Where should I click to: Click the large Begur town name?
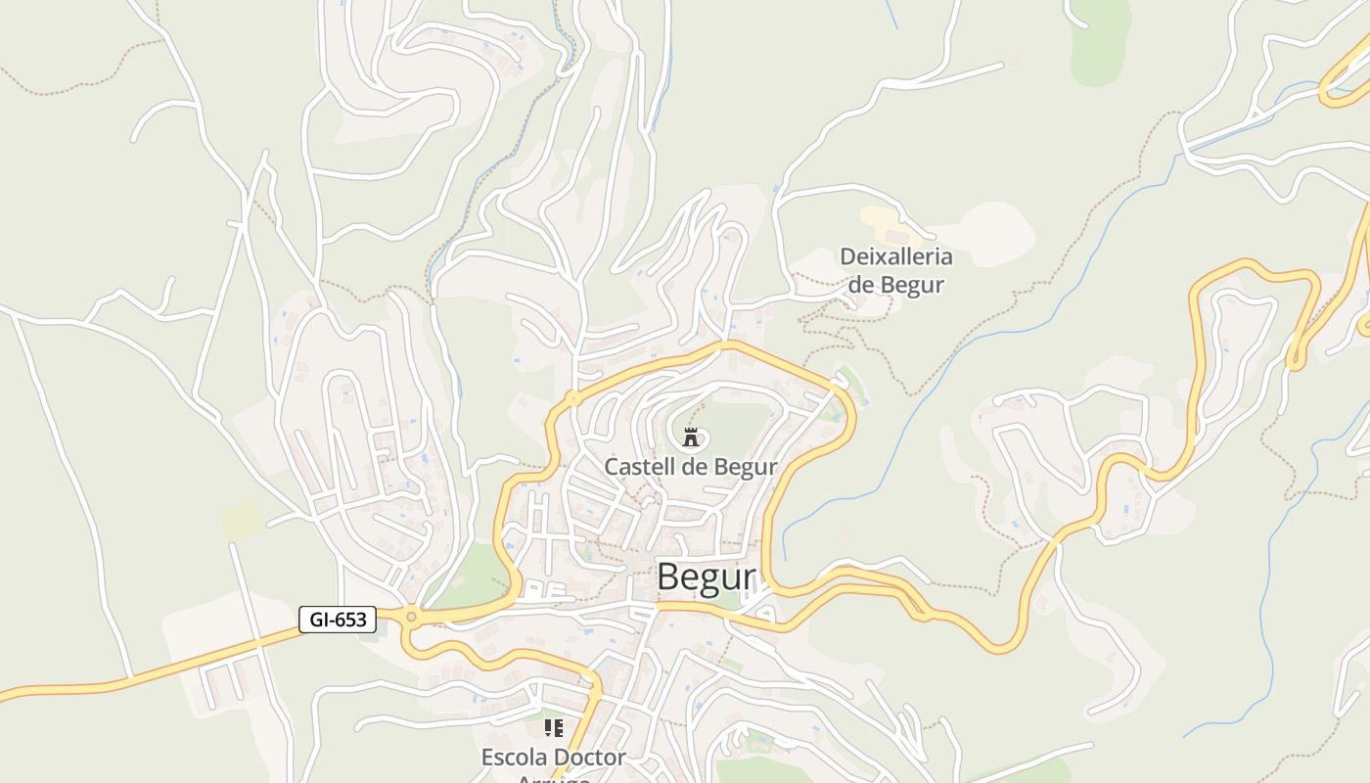tap(707, 577)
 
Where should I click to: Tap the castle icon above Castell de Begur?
tap(691, 437)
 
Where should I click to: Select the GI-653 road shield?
tap(337, 620)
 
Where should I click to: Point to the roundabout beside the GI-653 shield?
tap(411, 617)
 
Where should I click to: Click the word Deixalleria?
tap(895, 257)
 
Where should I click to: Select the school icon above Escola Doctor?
tap(554, 728)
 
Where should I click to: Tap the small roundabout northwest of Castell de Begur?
tap(572, 398)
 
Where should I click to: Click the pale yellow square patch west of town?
tap(241, 520)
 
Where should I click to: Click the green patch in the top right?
tap(1101, 44)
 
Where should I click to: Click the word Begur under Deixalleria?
tap(911, 285)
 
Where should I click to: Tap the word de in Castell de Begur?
tap(694, 467)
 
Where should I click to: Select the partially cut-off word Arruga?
tap(554, 778)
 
